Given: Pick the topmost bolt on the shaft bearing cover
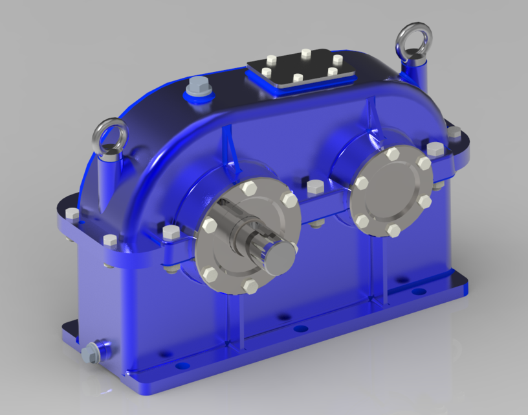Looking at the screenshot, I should pyautogui.click(x=249, y=189).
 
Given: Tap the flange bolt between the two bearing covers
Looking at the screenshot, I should pyautogui.click(x=315, y=188).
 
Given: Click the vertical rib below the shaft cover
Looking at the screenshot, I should pyautogui.click(x=232, y=318).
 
